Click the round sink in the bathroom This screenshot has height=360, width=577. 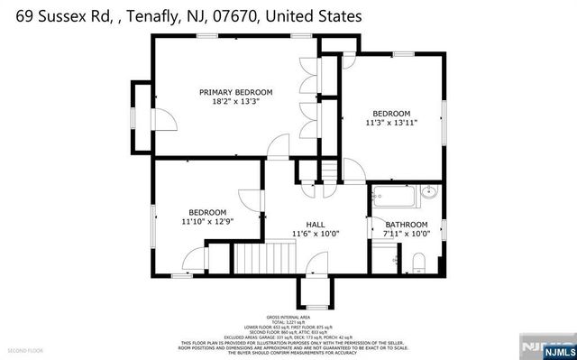coord(429,191)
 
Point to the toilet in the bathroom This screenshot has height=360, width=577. coord(417,263)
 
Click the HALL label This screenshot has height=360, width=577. coord(315,224)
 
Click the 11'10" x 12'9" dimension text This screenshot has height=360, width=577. coord(207,221)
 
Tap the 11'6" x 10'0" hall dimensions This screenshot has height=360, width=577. coord(315,234)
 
